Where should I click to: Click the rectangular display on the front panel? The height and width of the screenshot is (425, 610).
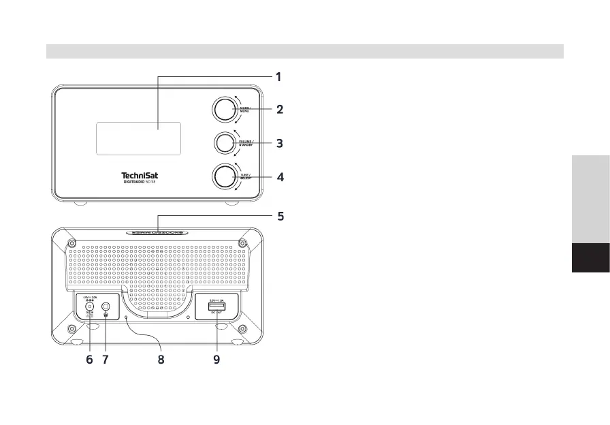138,138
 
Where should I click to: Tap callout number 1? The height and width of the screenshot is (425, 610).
278,77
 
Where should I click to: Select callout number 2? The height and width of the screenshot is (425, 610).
279,109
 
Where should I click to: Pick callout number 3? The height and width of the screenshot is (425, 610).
279,144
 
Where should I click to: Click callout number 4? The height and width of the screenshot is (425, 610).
279,177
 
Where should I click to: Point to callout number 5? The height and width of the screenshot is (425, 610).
279,217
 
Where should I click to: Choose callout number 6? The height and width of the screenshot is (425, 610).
89,360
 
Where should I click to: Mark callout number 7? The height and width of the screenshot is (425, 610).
106,360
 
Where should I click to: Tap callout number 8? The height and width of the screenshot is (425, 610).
161,360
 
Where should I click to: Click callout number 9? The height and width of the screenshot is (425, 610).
216,360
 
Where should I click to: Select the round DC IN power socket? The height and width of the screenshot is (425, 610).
89,306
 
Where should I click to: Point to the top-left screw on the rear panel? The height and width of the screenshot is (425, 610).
71,244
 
